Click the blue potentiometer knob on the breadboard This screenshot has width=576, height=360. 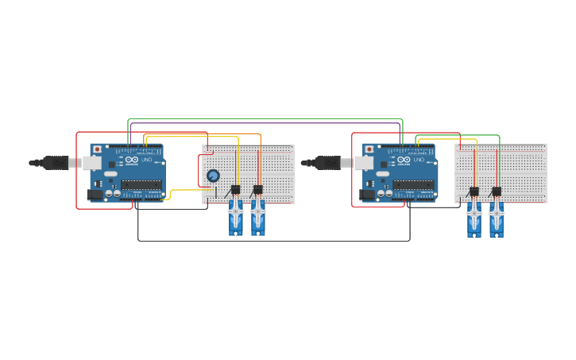pyautogui.click(x=213, y=176)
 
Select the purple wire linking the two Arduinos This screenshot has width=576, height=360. pyautogui.click(x=262, y=122)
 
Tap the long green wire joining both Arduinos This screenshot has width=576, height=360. pyautogui.click(x=262, y=118)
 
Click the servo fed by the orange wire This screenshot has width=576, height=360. pyautogui.click(x=258, y=217)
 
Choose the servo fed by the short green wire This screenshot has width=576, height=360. pyautogui.click(x=497, y=219)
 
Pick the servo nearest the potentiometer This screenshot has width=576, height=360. pyautogui.click(x=235, y=217)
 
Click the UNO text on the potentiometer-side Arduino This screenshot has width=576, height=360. pyautogui.click(x=147, y=160)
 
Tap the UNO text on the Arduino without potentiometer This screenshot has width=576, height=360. pyautogui.click(x=419, y=160)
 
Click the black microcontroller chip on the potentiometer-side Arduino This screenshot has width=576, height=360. pyautogui.click(x=141, y=184)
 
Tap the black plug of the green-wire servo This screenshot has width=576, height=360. pyautogui.click(x=497, y=192)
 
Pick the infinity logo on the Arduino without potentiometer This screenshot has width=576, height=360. pyautogui.click(x=404, y=160)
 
